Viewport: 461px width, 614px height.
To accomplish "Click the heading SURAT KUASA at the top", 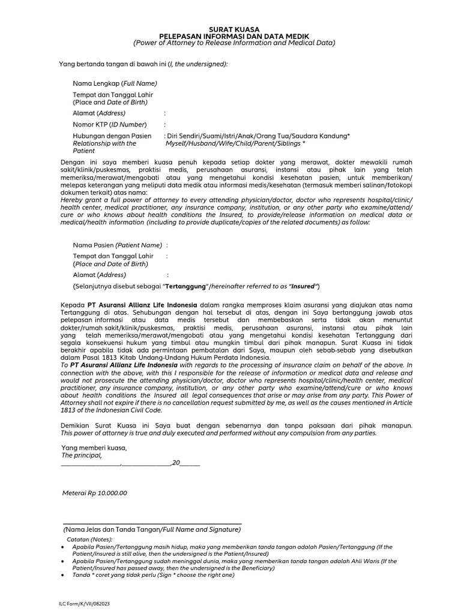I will coord(234,28).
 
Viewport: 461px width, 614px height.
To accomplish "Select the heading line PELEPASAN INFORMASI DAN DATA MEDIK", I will coord(234,35).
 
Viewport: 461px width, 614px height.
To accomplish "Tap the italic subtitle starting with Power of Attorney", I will coord(234,43).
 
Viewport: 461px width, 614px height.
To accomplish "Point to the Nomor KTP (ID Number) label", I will coord(110,124).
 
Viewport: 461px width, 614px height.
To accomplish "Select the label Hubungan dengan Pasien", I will coord(112,136).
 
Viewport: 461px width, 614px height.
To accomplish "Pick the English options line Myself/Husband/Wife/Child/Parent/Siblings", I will coord(235,144).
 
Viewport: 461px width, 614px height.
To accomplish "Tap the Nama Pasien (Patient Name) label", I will coord(118,245).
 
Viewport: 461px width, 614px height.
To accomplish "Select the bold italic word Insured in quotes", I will coord(303,286).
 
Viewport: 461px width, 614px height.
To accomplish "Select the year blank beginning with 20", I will coord(186,463).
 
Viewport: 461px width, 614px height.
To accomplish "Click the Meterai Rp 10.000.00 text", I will coord(95,493).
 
